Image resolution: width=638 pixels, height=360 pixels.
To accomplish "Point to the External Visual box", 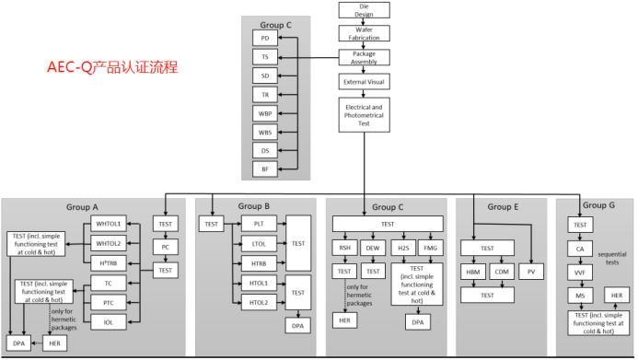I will [x=364, y=81].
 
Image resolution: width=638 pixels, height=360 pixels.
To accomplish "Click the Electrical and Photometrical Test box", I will [x=364, y=114].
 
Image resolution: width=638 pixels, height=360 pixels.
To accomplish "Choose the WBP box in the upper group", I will [x=265, y=113].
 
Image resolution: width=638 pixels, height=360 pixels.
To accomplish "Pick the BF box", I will [x=265, y=168].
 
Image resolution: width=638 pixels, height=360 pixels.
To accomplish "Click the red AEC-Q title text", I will [x=112, y=67].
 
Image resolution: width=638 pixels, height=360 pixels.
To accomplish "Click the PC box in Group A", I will [x=166, y=247].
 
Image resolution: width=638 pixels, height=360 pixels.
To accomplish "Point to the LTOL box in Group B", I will [x=259, y=243].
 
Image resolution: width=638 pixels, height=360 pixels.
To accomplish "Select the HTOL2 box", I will [x=259, y=303].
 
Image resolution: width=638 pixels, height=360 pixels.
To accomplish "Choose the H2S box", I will [x=403, y=248].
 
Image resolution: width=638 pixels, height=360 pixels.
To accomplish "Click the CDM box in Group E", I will [x=503, y=273].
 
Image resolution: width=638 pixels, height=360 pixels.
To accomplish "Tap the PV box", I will [x=531, y=273].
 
